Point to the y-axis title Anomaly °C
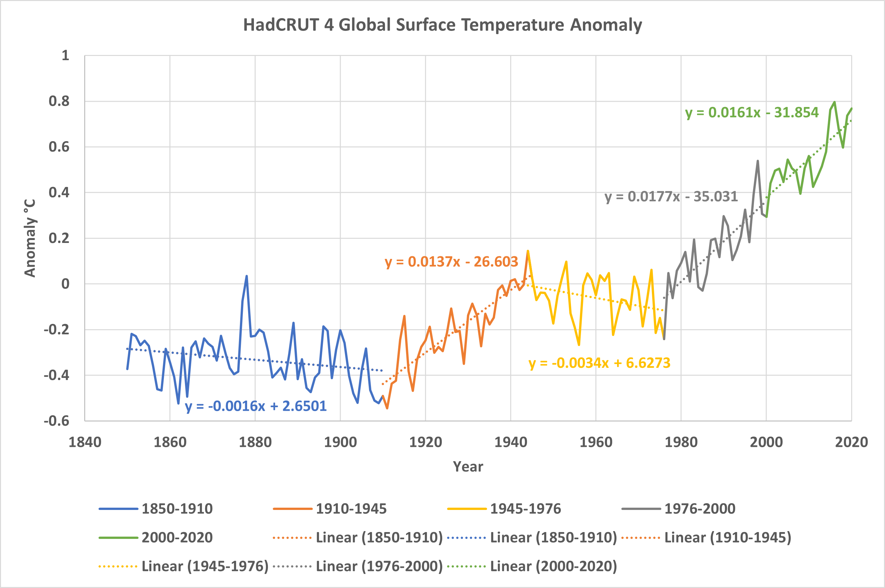(x=30, y=238)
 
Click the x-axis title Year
(x=468, y=466)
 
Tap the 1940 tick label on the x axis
(x=510, y=442)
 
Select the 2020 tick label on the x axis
(x=851, y=442)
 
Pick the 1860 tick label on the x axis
(x=170, y=442)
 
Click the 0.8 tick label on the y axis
(x=59, y=101)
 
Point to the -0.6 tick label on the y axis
(x=57, y=421)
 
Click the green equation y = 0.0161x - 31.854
(x=752, y=113)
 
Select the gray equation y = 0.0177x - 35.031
(x=671, y=196)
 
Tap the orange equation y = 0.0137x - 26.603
(x=451, y=262)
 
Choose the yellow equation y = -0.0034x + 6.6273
(x=599, y=363)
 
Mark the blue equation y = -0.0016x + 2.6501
(x=256, y=406)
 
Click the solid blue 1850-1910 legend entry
(x=155, y=509)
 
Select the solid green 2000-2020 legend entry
(x=155, y=537)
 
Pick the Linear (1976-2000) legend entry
(x=358, y=566)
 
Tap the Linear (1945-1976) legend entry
(x=184, y=566)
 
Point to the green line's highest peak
(x=834, y=102)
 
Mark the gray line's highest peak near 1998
(x=758, y=161)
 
